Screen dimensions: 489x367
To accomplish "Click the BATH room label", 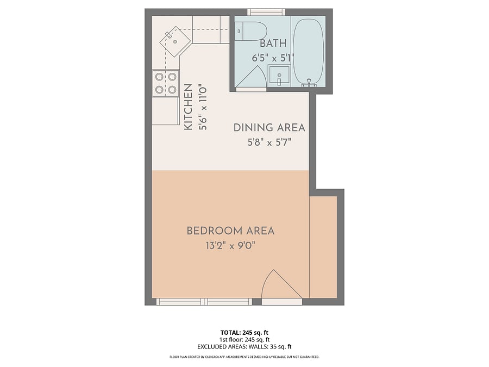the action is (x=273, y=43).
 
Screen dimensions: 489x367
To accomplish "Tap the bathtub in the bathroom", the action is (x=308, y=52).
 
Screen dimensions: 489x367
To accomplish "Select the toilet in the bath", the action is (x=251, y=31).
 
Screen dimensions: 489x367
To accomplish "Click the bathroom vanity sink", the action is (x=279, y=76).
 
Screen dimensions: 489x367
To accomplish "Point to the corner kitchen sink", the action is (x=175, y=41).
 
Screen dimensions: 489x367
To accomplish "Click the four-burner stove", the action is (x=166, y=83).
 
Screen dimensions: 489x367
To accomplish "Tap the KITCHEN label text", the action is (x=188, y=107).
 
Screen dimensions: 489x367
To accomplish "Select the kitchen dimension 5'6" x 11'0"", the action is (x=203, y=107).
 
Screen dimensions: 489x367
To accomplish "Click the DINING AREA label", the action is (x=269, y=128).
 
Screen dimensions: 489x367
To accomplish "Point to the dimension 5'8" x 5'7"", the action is (x=269, y=142).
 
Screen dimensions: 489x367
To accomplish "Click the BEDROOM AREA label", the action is (x=230, y=231).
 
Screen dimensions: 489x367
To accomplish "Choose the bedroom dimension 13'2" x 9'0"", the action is (x=230, y=246).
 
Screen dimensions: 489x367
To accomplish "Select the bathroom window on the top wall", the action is (x=266, y=12).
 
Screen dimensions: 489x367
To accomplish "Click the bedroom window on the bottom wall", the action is (x=204, y=302).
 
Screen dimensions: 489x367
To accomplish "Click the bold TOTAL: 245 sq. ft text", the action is (x=244, y=333).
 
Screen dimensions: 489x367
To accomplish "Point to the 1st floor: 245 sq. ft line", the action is (x=244, y=340).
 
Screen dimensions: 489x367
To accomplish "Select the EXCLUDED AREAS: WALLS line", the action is (x=244, y=347).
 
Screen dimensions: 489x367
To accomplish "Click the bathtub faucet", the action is (x=309, y=83).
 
